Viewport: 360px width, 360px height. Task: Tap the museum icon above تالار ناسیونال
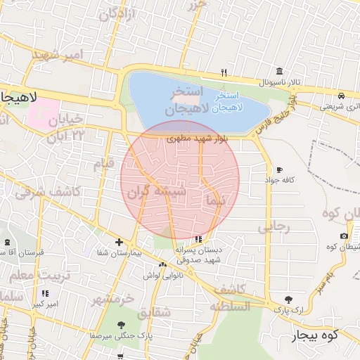[280, 72]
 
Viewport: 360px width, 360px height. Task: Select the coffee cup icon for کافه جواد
[280, 170]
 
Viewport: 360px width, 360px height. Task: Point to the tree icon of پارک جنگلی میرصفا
[122, 325]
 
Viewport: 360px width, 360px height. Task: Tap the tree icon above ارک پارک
[288, 300]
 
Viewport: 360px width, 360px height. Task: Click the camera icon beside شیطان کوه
[343, 236]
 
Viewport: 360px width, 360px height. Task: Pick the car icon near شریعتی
[341, 96]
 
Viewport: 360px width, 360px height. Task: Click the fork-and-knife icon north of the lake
[224, 72]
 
